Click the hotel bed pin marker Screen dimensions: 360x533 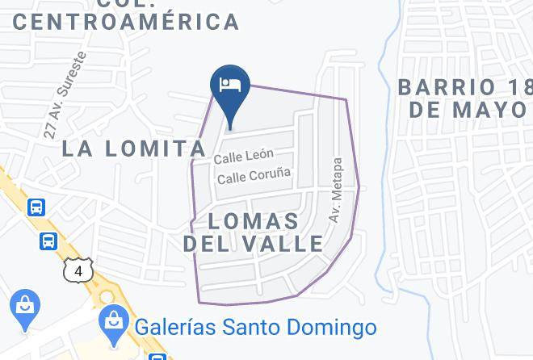coord(230,85)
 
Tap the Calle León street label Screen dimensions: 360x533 coord(244,155)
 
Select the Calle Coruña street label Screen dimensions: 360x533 coord(254,174)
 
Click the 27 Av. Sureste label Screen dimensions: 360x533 coord(65,95)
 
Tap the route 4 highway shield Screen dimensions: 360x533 coord(78,271)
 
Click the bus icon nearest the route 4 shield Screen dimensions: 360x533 coord(48,241)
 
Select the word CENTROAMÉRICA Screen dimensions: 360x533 coord(126,22)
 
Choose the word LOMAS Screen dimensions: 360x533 coord(254,221)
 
